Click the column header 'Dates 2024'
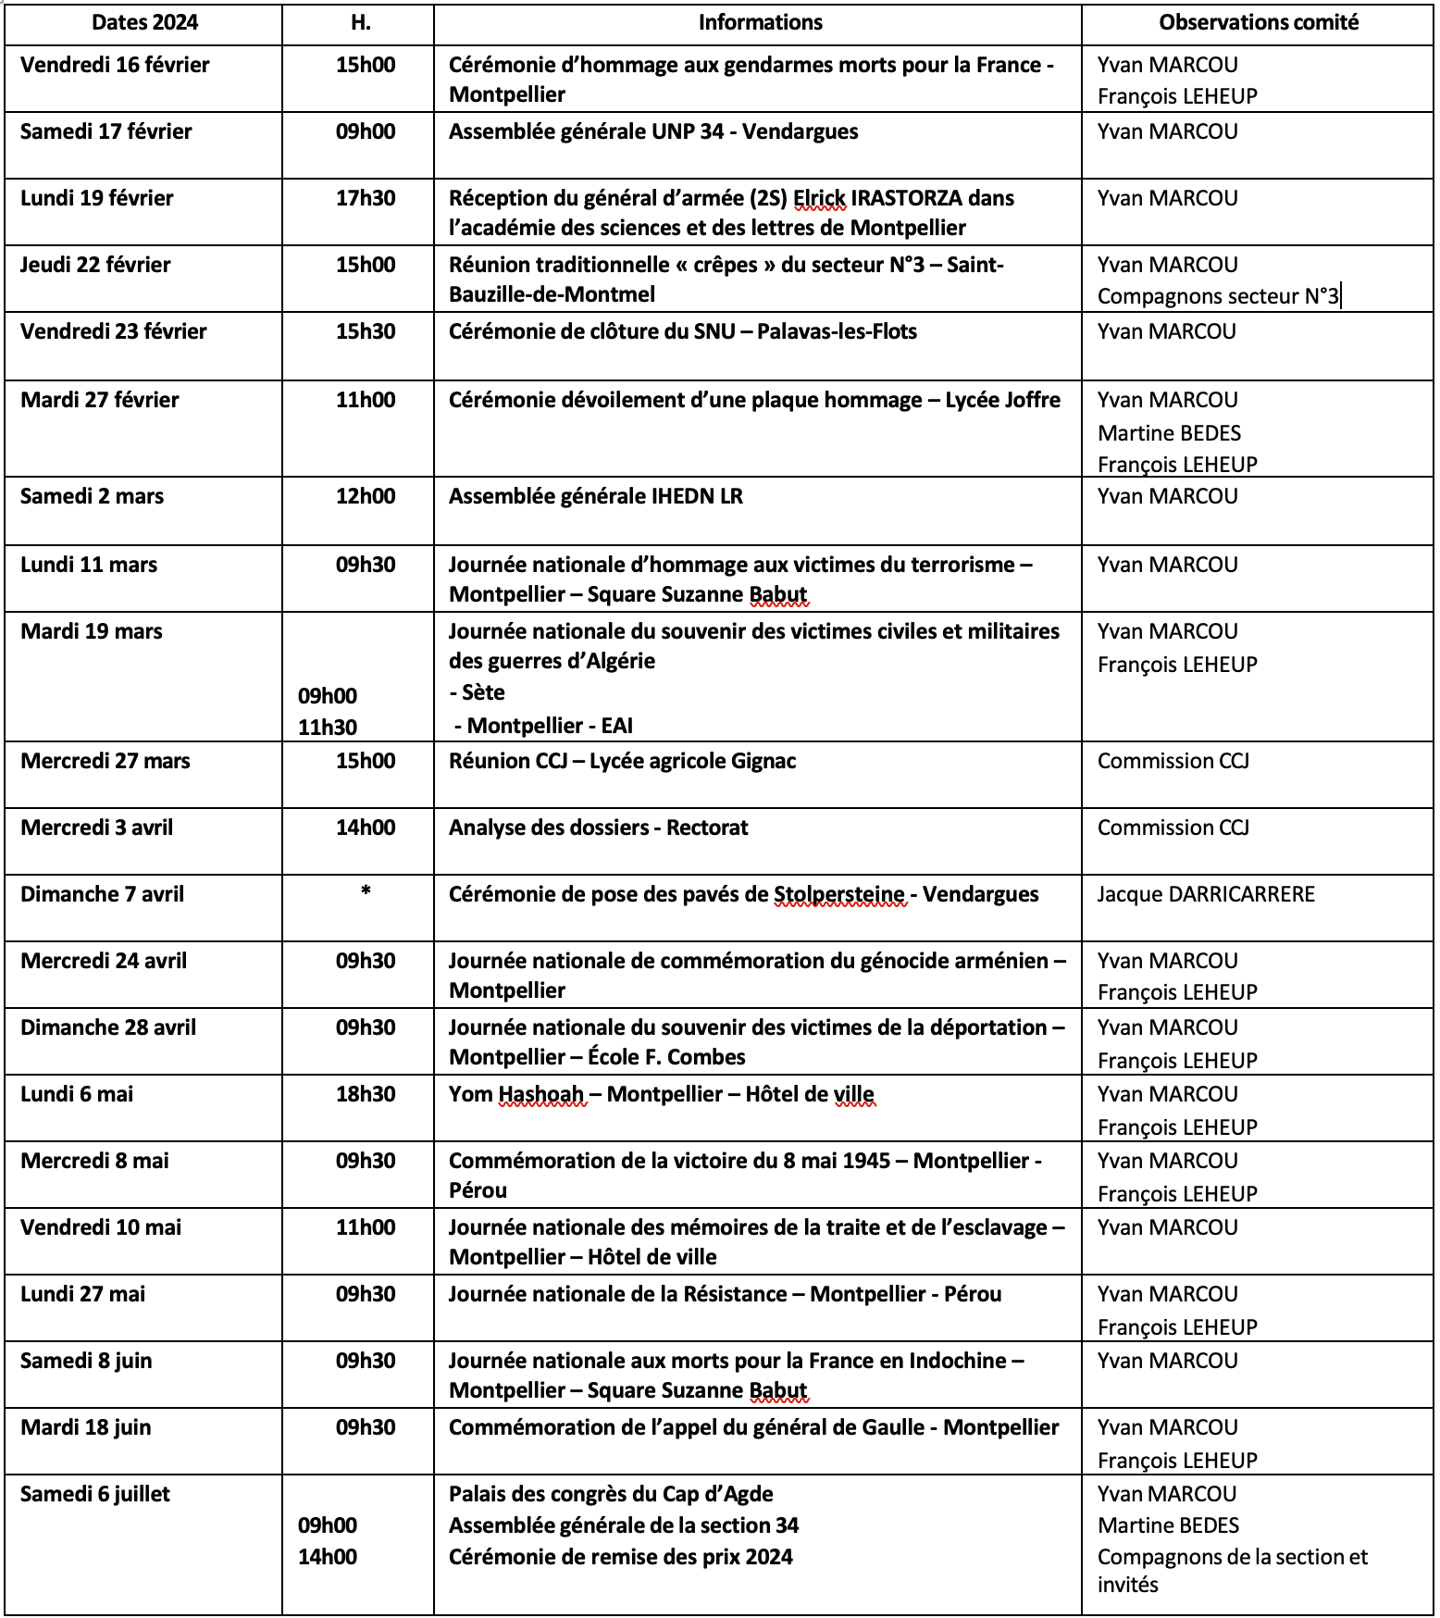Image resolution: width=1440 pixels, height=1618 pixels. click(144, 23)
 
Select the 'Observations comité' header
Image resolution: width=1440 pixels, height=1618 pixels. click(1259, 23)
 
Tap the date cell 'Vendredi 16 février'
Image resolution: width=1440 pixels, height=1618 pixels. click(115, 65)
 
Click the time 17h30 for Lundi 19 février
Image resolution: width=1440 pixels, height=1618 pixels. click(366, 198)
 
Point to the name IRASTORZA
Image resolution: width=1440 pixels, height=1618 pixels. click(906, 198)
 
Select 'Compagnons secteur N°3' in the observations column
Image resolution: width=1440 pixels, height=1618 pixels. click(1218, 296)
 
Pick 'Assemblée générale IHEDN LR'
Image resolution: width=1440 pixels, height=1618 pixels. click(596, 496)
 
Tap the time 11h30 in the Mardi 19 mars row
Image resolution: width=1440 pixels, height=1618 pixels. click(328, 728)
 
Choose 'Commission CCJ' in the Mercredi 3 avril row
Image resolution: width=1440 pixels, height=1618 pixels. click(1173, 828)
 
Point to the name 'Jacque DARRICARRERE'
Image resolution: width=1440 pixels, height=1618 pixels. click(1206, 894)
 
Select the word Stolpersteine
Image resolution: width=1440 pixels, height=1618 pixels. click(838, 894)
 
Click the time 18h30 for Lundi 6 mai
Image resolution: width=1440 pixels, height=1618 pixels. click(366, 1094)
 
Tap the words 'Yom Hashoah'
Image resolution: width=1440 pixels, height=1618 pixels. click(516, 1094)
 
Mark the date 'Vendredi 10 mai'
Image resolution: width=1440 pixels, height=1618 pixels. click(101, 1227)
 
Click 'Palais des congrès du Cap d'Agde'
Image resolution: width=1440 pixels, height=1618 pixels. click(611, 1494)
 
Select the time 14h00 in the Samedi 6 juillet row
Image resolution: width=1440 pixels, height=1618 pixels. click(328, 1557)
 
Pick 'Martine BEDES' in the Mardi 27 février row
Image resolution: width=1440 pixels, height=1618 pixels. click(1169, 433)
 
